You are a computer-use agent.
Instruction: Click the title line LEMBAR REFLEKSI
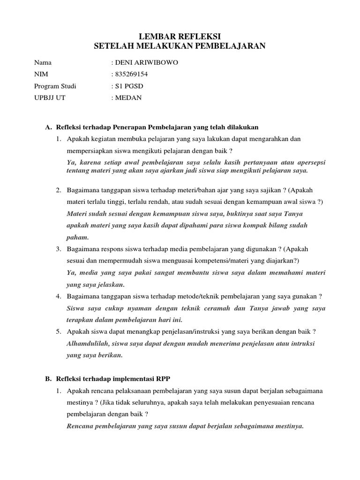pyautogui.click(x=180, y=36)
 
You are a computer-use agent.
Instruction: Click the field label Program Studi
pyautogui.click(x=55, y=86)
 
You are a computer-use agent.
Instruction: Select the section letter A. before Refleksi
pyautogui.click(x=47, y=127)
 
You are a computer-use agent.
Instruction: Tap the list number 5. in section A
pyautogui.click(x=59, y=331)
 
